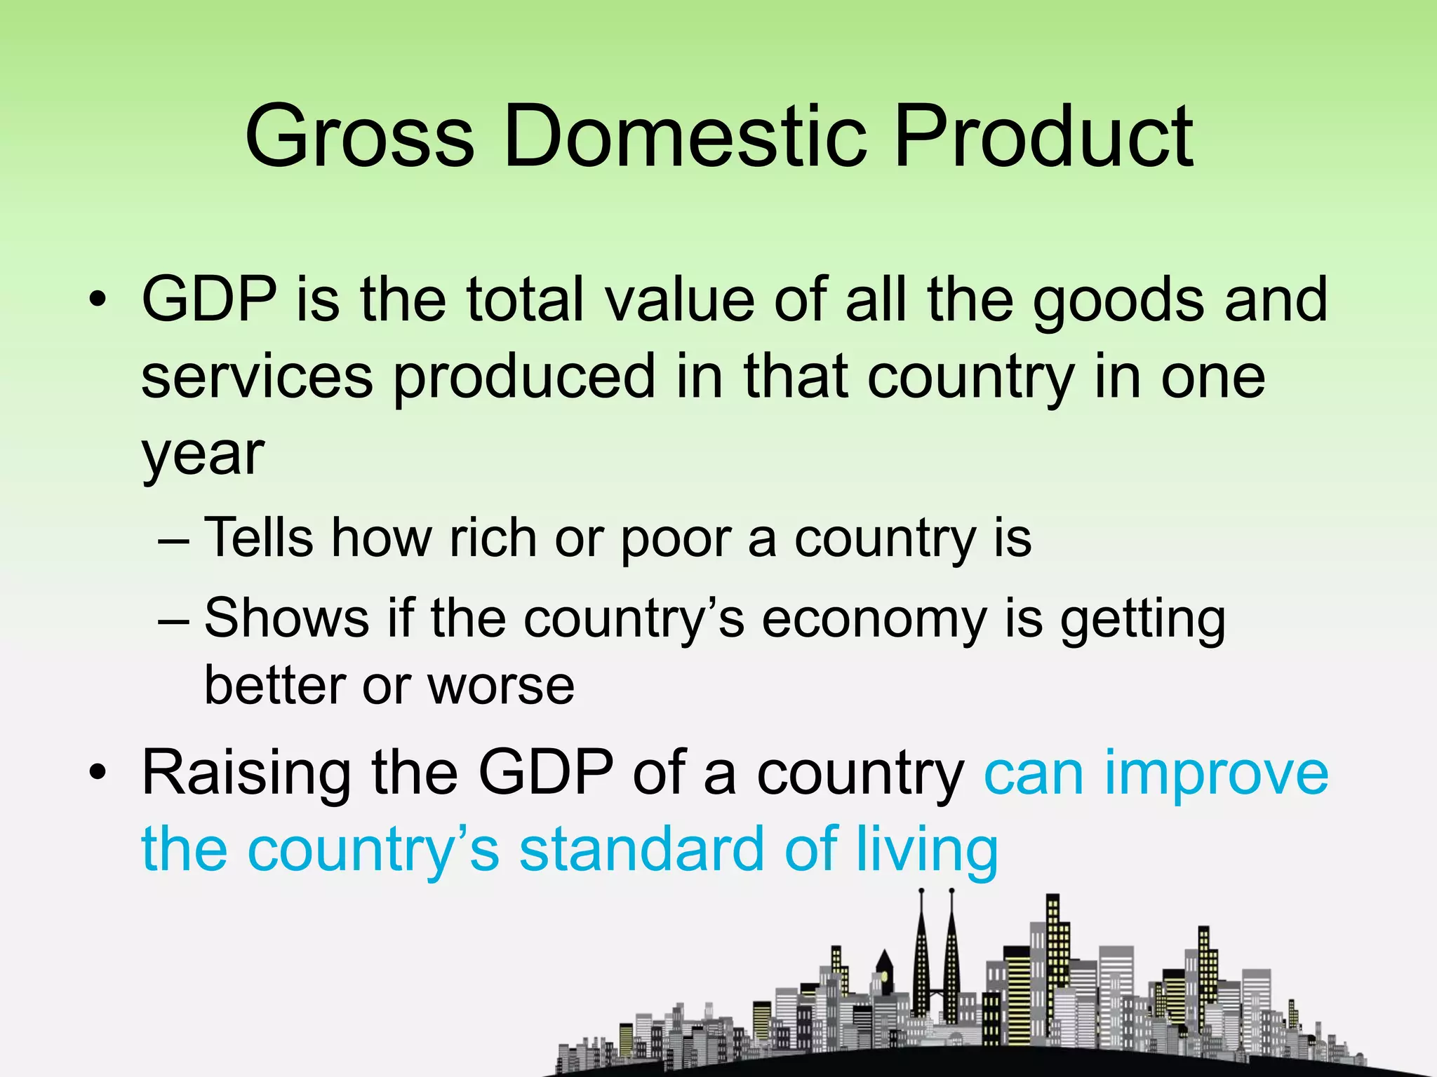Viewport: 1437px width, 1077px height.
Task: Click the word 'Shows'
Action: pos(286,618)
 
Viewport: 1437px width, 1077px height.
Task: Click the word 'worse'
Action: pos(501,686)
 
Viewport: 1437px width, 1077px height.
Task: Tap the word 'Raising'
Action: pos(246,775)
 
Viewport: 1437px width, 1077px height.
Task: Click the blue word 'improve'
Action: pos(1216,775)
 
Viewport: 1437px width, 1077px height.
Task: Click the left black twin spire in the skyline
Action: pos(921,961)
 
